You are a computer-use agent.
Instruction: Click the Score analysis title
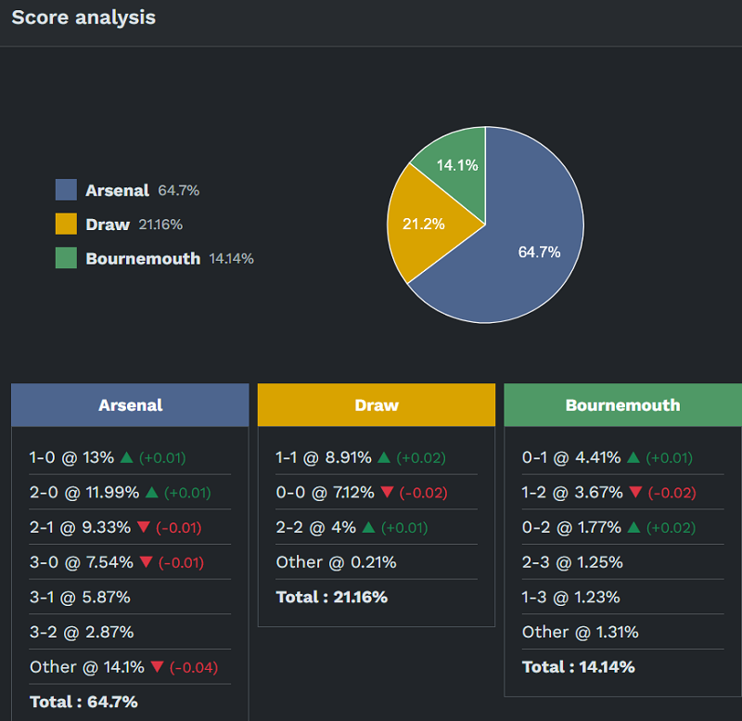pos(83,18)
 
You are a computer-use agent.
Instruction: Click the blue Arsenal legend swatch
pos(66,190)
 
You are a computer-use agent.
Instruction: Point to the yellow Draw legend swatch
pos(66,225)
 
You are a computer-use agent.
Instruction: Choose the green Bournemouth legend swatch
pos(66,258)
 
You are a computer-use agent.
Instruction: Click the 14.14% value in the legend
pos(231,259)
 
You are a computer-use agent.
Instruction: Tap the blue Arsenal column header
pos(130,406)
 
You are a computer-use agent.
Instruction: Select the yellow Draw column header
pos(377,406)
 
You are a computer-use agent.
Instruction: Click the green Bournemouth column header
pos(622,406)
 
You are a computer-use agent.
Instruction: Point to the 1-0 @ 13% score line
pos(71,457)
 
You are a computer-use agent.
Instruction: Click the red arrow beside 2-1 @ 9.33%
pos(143,527)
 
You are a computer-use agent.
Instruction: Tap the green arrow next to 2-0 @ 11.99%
pos(152,492)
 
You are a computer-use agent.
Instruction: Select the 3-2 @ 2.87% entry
pos(82,632)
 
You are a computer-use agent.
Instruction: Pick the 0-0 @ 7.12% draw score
pos(324,493)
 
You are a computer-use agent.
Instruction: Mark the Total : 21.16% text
pos(331,597)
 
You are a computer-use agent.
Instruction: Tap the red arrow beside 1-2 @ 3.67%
pos(635,492)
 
